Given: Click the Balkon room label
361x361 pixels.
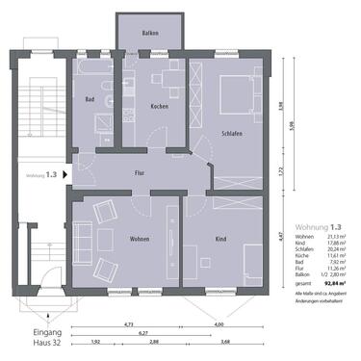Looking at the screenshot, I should (149, 33).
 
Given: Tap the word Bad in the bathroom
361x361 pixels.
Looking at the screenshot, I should (90, 98).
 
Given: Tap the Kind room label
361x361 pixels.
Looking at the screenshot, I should (220, 236).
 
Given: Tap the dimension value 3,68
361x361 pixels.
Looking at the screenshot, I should (226, 342).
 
